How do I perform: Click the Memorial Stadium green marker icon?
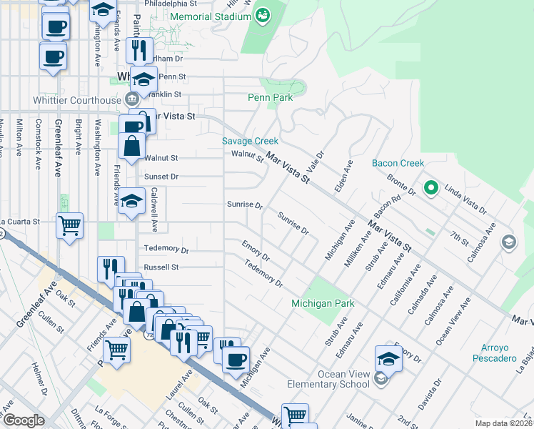(262, 14)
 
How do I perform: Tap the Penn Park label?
(270, 97)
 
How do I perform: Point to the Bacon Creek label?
(398, 164)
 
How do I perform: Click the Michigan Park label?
(323, 304)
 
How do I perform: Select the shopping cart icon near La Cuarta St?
(70, 225)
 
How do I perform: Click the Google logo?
(23, 420)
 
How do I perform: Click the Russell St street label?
(161, 267)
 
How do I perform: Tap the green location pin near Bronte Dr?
(430, 188)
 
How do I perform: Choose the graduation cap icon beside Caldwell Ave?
(132, 200)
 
